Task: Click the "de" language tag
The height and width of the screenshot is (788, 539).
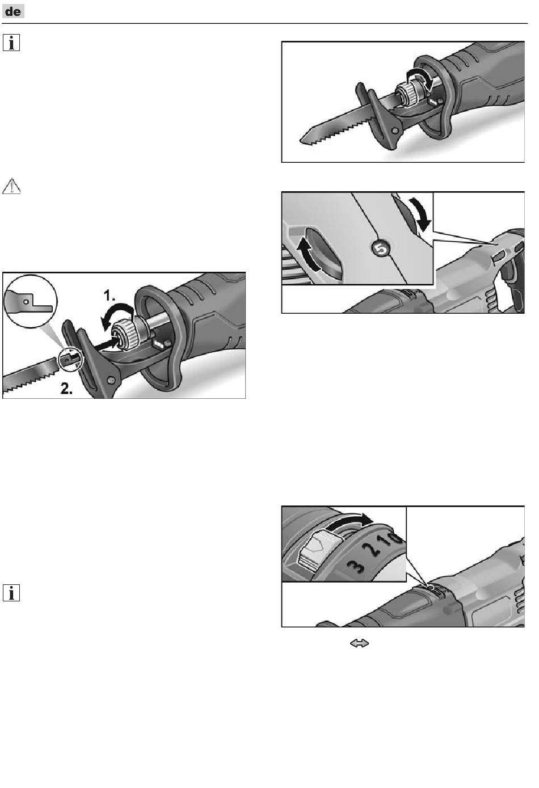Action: pyautogui.click(x=13, y=11)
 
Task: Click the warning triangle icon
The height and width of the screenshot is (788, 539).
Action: pyautogui.click(x=11, y=186)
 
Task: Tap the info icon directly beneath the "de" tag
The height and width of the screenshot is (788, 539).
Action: pyautogui.click(x=11, y=43)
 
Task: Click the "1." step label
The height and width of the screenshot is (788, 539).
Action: pyautogui.click(x=110, y=295)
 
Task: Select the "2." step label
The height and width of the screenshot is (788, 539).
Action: pyautogui.click(x=67, y=388)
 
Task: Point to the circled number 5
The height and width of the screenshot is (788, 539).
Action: pyautogui.click(x=381, y=248)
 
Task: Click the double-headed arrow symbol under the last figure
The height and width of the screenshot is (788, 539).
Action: pyautogui.click(x=359, y=643)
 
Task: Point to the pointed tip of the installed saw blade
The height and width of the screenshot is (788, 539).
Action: pyautogui.click(x=301, y=141)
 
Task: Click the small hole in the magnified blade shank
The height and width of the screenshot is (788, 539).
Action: pyautogui.click(x=26, y=301)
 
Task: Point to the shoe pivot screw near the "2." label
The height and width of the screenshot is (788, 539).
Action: pyautogui.click(x=111, y=380)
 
